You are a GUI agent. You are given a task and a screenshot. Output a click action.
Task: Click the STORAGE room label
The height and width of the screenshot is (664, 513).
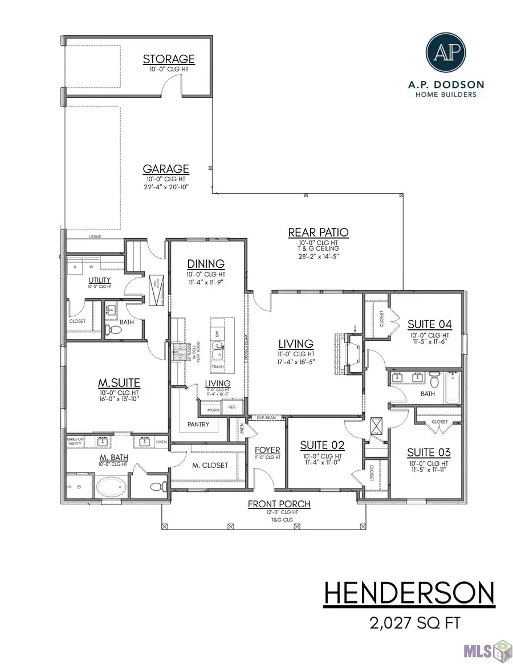click(x=169, y=59)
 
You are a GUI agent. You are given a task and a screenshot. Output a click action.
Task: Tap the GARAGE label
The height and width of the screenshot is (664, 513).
click(x=166, y=169)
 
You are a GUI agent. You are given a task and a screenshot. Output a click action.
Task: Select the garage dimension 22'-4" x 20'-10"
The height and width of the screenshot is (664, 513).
click(x=166, y=187)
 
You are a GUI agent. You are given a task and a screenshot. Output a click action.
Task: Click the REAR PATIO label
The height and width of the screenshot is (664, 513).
click(x=318, y=233)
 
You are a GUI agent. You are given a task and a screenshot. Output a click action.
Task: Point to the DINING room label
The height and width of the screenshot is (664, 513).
click(x=206, y=264)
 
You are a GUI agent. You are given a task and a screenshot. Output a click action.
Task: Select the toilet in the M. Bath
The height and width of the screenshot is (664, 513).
click(x=156, y=486)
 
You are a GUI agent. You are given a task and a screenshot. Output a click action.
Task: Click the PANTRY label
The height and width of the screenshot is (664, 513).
click(x=198, y=425)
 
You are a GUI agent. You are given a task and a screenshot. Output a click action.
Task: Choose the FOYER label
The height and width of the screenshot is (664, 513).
click(x=267, y=450)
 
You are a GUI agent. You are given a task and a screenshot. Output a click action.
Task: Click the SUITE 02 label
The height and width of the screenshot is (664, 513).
click(x=323, y=445)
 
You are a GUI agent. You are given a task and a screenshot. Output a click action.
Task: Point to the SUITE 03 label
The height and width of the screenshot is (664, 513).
click(x=429, y=453)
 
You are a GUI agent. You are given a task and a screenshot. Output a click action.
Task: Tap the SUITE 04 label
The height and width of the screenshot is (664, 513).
click(x=429, y=325)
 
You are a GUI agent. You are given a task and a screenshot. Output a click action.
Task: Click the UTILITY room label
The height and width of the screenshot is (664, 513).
click(x=100, y=280)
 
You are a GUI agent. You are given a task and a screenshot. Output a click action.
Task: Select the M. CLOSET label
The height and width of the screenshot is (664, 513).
click(x=209, y=465)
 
